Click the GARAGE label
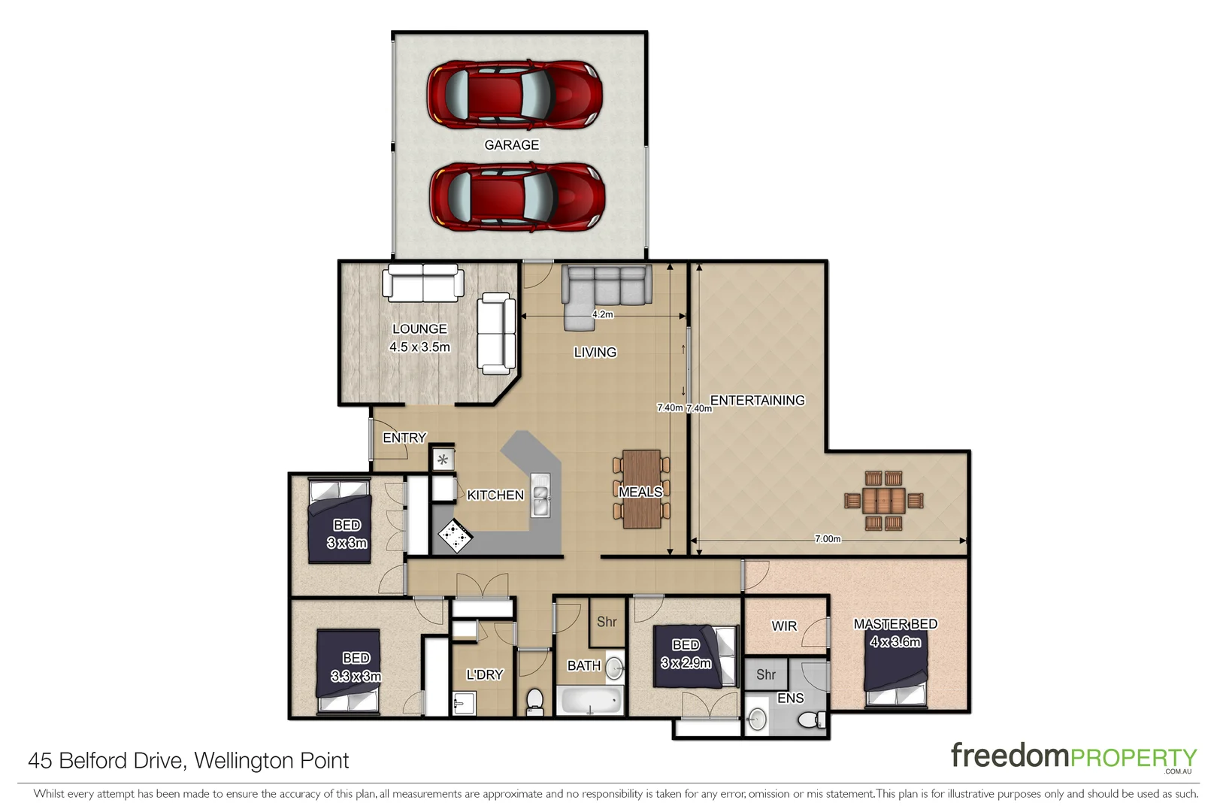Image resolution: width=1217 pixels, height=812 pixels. [511, 144]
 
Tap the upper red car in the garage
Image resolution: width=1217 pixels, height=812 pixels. [514, 94]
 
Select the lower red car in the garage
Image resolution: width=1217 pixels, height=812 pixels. [516, 195]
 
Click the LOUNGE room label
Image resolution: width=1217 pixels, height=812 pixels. [419, 329]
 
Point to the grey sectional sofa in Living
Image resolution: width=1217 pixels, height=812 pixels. [606, 289]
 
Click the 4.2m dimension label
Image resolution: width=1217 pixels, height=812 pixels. [602, 314]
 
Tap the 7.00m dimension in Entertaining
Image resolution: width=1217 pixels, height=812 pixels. [827, 538]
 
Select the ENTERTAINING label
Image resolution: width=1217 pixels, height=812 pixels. [757, 400]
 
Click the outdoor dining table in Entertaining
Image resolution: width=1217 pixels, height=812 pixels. [884, 500]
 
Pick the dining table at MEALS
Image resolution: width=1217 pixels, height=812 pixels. [641, 489]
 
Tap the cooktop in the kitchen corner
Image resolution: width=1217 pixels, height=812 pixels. [456, 536]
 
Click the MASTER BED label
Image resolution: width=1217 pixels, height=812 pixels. [895, 624]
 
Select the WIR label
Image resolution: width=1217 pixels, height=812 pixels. [784, 626]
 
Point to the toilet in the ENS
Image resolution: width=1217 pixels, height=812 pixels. [810, 720]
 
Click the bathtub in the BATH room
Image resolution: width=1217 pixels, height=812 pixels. [591, 701]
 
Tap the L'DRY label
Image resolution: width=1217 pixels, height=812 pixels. [484, 674]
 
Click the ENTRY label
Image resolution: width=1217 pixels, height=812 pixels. [404, 438]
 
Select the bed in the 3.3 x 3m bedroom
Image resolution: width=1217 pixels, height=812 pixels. [349, 671]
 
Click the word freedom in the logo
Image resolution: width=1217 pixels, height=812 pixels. [1009, 755]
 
